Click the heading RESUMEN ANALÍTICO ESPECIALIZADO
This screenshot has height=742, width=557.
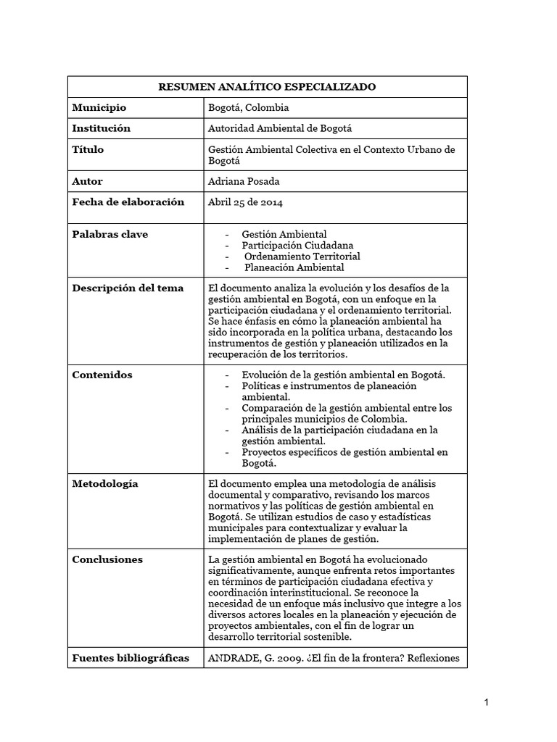point(267,87)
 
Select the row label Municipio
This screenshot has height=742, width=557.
point(99,108)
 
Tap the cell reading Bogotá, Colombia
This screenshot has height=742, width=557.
point(248,108)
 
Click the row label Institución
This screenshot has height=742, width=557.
point(102,128)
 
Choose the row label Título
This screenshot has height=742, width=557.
point(88,149)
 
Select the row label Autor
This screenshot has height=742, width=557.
point(88,181)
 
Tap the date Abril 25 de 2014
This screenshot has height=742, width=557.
point(245,202)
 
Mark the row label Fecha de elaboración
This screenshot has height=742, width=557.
point(128,202)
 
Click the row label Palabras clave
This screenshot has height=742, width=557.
point(110,234)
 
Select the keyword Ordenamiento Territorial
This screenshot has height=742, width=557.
point(302,256)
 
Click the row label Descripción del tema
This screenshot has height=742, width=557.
point(128,288)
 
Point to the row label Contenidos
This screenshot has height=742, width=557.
point(102,375)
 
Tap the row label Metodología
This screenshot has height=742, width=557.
point(105,483)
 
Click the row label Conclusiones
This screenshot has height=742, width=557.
point(107,559)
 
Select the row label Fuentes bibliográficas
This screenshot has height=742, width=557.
point(131,658)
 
